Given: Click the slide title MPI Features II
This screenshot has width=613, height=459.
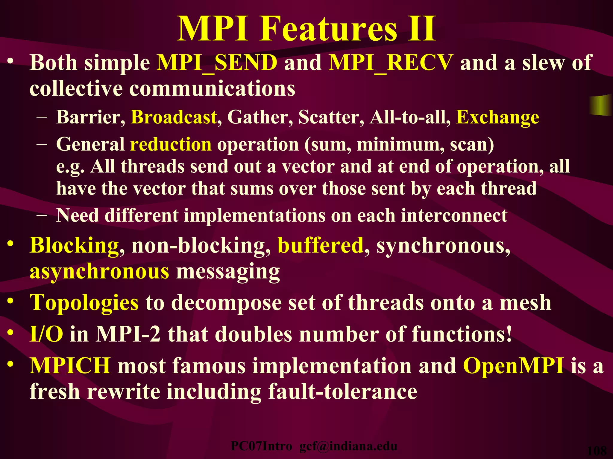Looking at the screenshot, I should (306, 29).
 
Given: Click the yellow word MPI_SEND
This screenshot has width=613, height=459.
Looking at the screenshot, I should (217, 63).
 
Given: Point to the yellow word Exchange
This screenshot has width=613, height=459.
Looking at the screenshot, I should (497, 117).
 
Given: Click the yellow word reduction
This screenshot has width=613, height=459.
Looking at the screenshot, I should (171, 144).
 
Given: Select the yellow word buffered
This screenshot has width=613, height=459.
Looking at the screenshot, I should (320, 245).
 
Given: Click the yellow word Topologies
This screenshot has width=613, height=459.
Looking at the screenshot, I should (84, 303).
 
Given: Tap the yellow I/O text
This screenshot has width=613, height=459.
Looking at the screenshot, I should (46, 334).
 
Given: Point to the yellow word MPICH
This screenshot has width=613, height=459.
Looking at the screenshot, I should (70, 366).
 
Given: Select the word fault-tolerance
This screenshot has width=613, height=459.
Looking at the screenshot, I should (342, 391).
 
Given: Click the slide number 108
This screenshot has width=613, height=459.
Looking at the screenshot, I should (597, 451).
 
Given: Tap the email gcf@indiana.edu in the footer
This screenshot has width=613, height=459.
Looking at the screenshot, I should (348, 446).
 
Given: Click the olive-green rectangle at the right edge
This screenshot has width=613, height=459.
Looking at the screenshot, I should (601, 105).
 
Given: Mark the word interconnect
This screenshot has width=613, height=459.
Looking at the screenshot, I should (454, 215).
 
